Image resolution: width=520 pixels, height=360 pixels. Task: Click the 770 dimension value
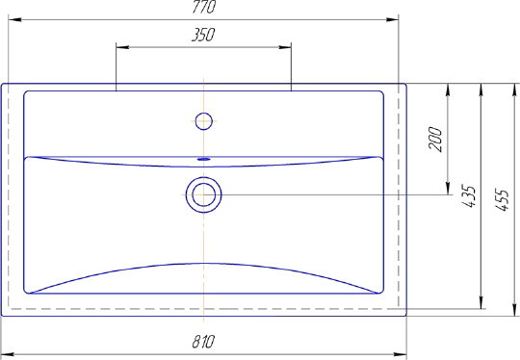point(204,7)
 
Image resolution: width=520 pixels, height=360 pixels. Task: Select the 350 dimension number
point(203,35)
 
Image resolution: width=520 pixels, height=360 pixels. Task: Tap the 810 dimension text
point(203,342)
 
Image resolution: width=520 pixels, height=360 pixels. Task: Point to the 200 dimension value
point(436,140)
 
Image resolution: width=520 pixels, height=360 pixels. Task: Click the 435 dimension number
point(469,196)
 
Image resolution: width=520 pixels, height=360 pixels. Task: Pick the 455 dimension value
point(502,200)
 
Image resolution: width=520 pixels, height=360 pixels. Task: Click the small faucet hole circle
point(203,121)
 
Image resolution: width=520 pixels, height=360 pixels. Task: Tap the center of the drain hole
point(203,194)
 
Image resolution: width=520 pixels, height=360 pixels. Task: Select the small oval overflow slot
point(203,159)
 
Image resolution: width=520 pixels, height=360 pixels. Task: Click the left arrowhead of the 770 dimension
point(14,19)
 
